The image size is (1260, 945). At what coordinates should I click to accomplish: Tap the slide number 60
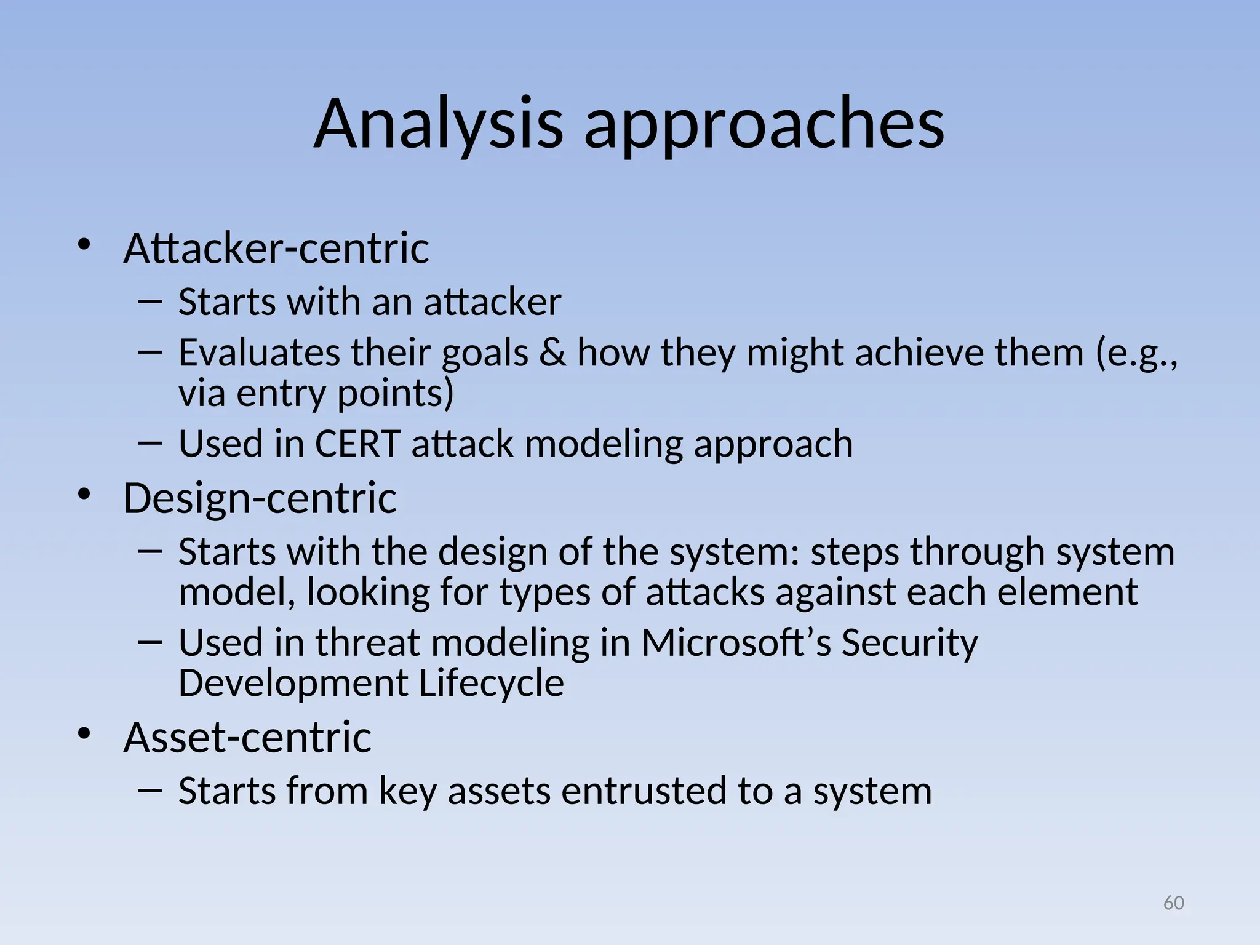[x=1173, y=903]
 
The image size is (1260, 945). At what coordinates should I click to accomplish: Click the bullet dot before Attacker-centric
[x=84, y=245]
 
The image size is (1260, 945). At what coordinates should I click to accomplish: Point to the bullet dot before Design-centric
[x=84, y=494]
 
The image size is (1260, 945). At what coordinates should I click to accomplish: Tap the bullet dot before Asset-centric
[x=84, y=733]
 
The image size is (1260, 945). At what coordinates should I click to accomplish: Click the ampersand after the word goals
[x=552, y=353]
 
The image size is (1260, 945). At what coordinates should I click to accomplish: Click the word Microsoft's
[x=736, y=642]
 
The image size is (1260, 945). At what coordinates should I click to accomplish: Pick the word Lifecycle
[x=491, y=683]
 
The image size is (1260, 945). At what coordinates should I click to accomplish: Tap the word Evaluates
[x=259, y=353]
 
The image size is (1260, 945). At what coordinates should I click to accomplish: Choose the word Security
[x=909, y=644]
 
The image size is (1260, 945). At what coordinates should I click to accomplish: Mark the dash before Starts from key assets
[x=150, y=789]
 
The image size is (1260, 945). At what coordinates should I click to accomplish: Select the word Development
[x=293, y=684]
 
